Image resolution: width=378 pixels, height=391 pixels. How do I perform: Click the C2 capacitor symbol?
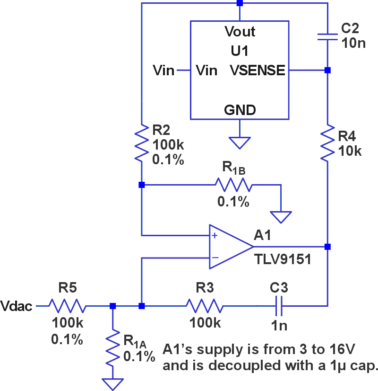[x=327, y=37]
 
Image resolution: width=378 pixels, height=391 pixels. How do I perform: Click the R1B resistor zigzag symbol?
[x=233, y=185]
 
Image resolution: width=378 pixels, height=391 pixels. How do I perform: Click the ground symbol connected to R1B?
[x=281, y=217]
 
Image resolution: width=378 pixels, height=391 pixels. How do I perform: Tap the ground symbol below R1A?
[x=112, y=383]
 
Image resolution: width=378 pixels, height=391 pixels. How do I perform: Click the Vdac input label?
[x=17, y=306]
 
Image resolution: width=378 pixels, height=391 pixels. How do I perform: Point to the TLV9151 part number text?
[x=282, y=259]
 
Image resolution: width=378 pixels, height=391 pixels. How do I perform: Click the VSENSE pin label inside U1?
[x=258, y=71]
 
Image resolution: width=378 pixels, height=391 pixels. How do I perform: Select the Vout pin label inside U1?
[x=240, y=32]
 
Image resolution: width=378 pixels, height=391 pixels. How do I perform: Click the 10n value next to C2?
[x=353, y=44]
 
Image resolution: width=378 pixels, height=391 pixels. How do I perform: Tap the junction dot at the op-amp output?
[x=327, y=247]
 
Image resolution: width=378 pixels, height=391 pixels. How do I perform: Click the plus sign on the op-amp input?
[x=215, y=235]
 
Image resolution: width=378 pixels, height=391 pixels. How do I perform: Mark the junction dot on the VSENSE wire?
[x=327, y=71]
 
